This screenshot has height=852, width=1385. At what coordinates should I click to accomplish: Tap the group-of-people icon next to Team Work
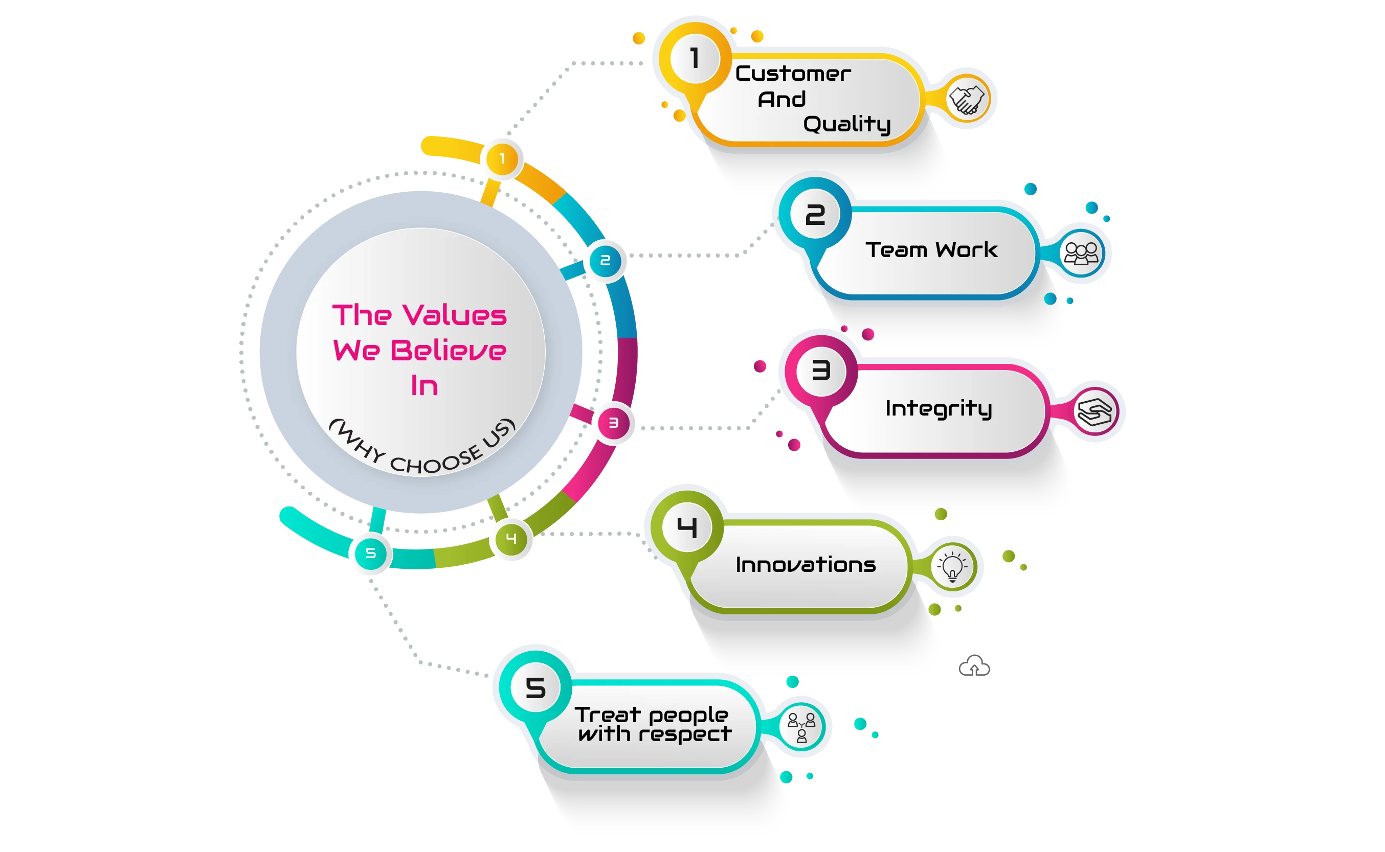1081,254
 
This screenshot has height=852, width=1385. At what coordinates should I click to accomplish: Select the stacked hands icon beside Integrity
1094,412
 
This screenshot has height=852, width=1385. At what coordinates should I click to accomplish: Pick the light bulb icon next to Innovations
952,566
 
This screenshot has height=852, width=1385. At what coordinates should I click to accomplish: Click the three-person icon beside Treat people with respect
801,727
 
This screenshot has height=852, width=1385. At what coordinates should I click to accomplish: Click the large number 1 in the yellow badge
695,58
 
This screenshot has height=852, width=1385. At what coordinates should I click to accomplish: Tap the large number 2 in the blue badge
815,215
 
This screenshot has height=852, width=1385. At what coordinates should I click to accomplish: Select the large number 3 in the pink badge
821,371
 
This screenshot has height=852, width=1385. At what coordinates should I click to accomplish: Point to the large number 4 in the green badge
686,527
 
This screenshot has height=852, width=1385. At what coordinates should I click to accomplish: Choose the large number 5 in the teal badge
535,688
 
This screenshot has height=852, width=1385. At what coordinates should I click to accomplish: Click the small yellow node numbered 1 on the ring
502,159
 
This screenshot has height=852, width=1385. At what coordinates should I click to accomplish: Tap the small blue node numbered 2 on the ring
605,260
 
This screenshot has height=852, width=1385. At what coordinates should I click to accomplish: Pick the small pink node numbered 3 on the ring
613,423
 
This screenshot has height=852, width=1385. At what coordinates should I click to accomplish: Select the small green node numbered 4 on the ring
511,539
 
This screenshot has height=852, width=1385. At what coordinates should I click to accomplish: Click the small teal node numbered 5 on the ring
370,554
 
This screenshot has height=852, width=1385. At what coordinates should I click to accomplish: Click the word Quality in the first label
846,125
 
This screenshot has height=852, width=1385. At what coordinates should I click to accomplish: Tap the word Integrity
938,408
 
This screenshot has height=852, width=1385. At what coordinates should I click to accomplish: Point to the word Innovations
806,565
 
